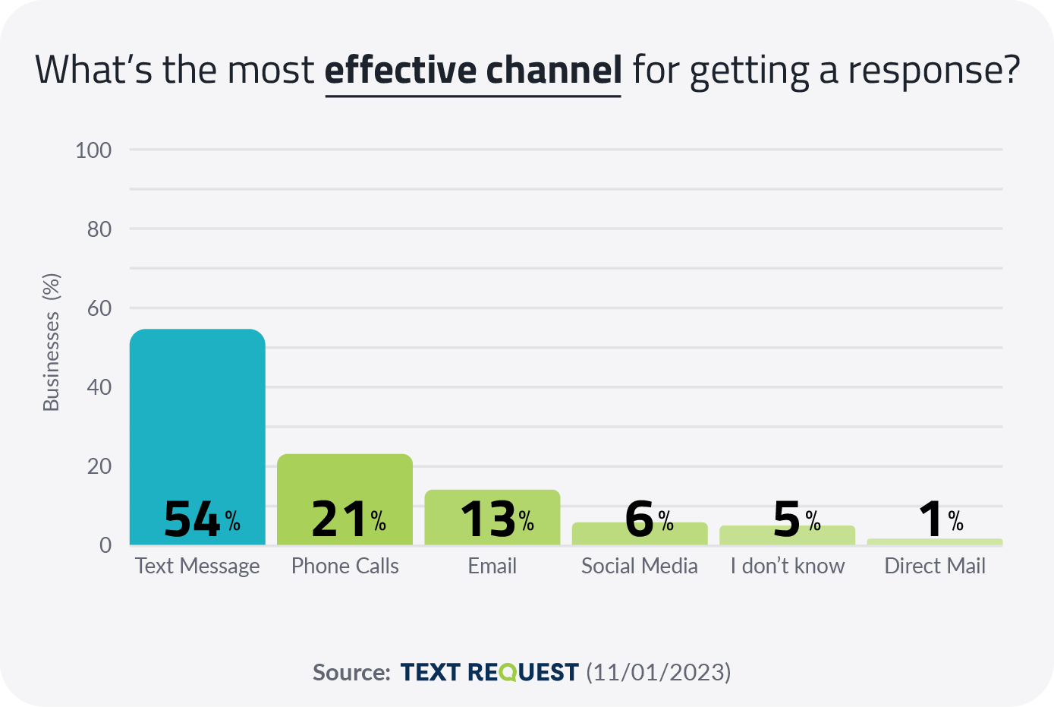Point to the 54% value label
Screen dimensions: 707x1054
click(x=201, y=520)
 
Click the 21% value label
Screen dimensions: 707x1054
click(x=348, y=520)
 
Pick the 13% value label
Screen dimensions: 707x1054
click(x=496, y=520)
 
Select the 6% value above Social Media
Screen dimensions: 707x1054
click(x=648, y=519)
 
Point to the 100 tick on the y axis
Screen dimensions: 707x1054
click(x=93, y=150)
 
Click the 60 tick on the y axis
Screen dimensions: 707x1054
click(x=99, y=308)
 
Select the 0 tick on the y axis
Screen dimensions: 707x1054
click(x=105, y=545)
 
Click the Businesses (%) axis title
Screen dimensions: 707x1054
click(x=51, y=342)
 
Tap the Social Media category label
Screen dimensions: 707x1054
click(x=639, y=567)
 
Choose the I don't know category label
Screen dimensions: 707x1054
click(x=787, y=567)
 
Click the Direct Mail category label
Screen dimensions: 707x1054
click(x=934, y=567)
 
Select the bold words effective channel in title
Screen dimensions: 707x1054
click(x=473, y=70)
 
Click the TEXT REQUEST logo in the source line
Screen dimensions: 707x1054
click(x=489, y=672)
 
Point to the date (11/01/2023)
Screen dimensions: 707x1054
click(x=658, y=672)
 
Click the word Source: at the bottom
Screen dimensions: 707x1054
click(x=351, y=673)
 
